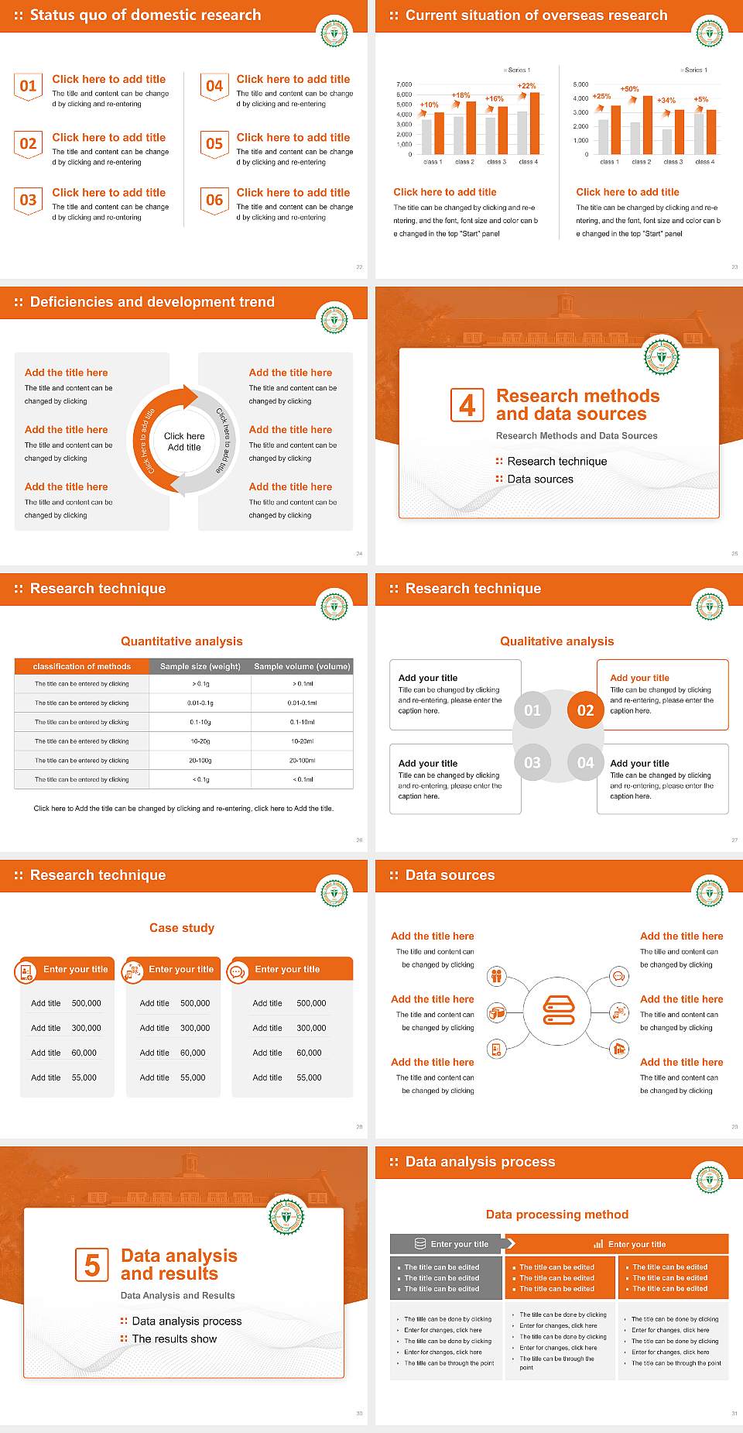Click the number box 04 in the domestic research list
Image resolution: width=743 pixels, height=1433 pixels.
coord(214,86)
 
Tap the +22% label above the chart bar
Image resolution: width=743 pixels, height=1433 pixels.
coord(526,86)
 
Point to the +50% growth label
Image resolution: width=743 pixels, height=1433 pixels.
coord(629,89)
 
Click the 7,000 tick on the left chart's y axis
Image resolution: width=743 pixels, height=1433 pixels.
coord(404,84)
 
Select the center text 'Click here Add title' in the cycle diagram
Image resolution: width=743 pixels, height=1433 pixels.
coord(184,442)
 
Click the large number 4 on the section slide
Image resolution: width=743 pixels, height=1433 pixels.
coord(467,405)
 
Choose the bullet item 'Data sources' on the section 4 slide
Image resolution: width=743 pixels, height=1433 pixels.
coord(540,479)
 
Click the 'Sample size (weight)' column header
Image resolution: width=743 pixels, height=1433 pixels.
coord(200,666)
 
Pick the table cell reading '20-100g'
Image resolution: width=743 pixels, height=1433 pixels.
coord(200,761)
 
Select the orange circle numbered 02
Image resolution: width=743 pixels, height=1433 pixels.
coord(585,710)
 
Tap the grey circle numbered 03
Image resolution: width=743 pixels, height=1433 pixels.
coord(532,763)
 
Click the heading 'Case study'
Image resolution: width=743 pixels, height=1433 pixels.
coord(182,928)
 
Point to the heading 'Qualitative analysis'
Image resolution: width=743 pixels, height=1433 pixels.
coord(556,641)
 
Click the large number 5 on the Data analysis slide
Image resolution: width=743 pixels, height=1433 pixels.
coord(92,1265)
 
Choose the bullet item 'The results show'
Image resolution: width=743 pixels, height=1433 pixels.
coord(174,1338)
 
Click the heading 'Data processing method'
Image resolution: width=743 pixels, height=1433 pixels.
coord(556,1215)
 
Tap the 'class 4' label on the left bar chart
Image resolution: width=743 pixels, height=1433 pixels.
coord(528,162)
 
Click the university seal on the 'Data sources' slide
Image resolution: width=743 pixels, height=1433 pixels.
coord(709,892)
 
